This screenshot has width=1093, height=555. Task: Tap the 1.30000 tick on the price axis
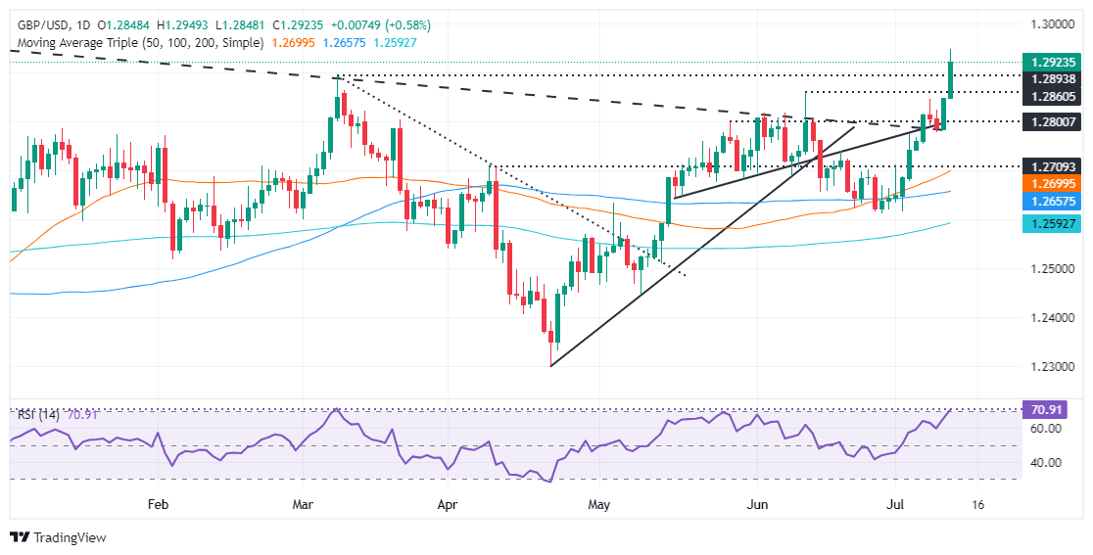pos(1049,23)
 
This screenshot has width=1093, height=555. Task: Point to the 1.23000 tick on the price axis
pos(1049,366)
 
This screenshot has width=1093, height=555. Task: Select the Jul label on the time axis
pos(896,505)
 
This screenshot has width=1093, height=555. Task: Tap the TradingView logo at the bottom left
pos(59,537)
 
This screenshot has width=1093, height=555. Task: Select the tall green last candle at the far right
pos(951,79)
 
